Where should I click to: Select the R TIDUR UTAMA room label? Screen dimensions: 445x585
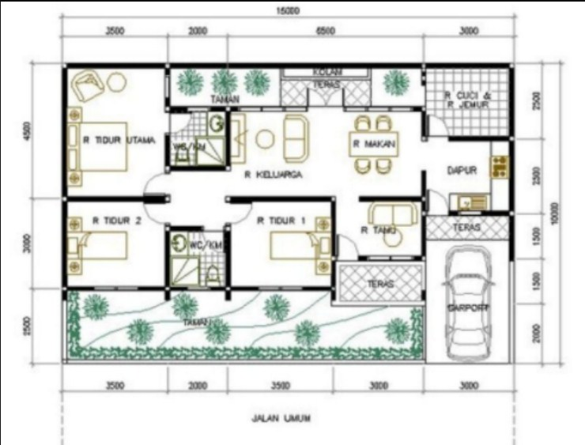pos(119,139)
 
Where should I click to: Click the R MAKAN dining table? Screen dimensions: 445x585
pos(373,144)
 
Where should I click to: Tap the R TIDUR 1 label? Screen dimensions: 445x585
pos(281,221)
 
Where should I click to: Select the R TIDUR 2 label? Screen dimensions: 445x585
pos(116,221)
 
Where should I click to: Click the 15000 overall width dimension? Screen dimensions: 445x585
pos(289,11)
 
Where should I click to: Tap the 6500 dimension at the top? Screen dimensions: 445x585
pos(325,32)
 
